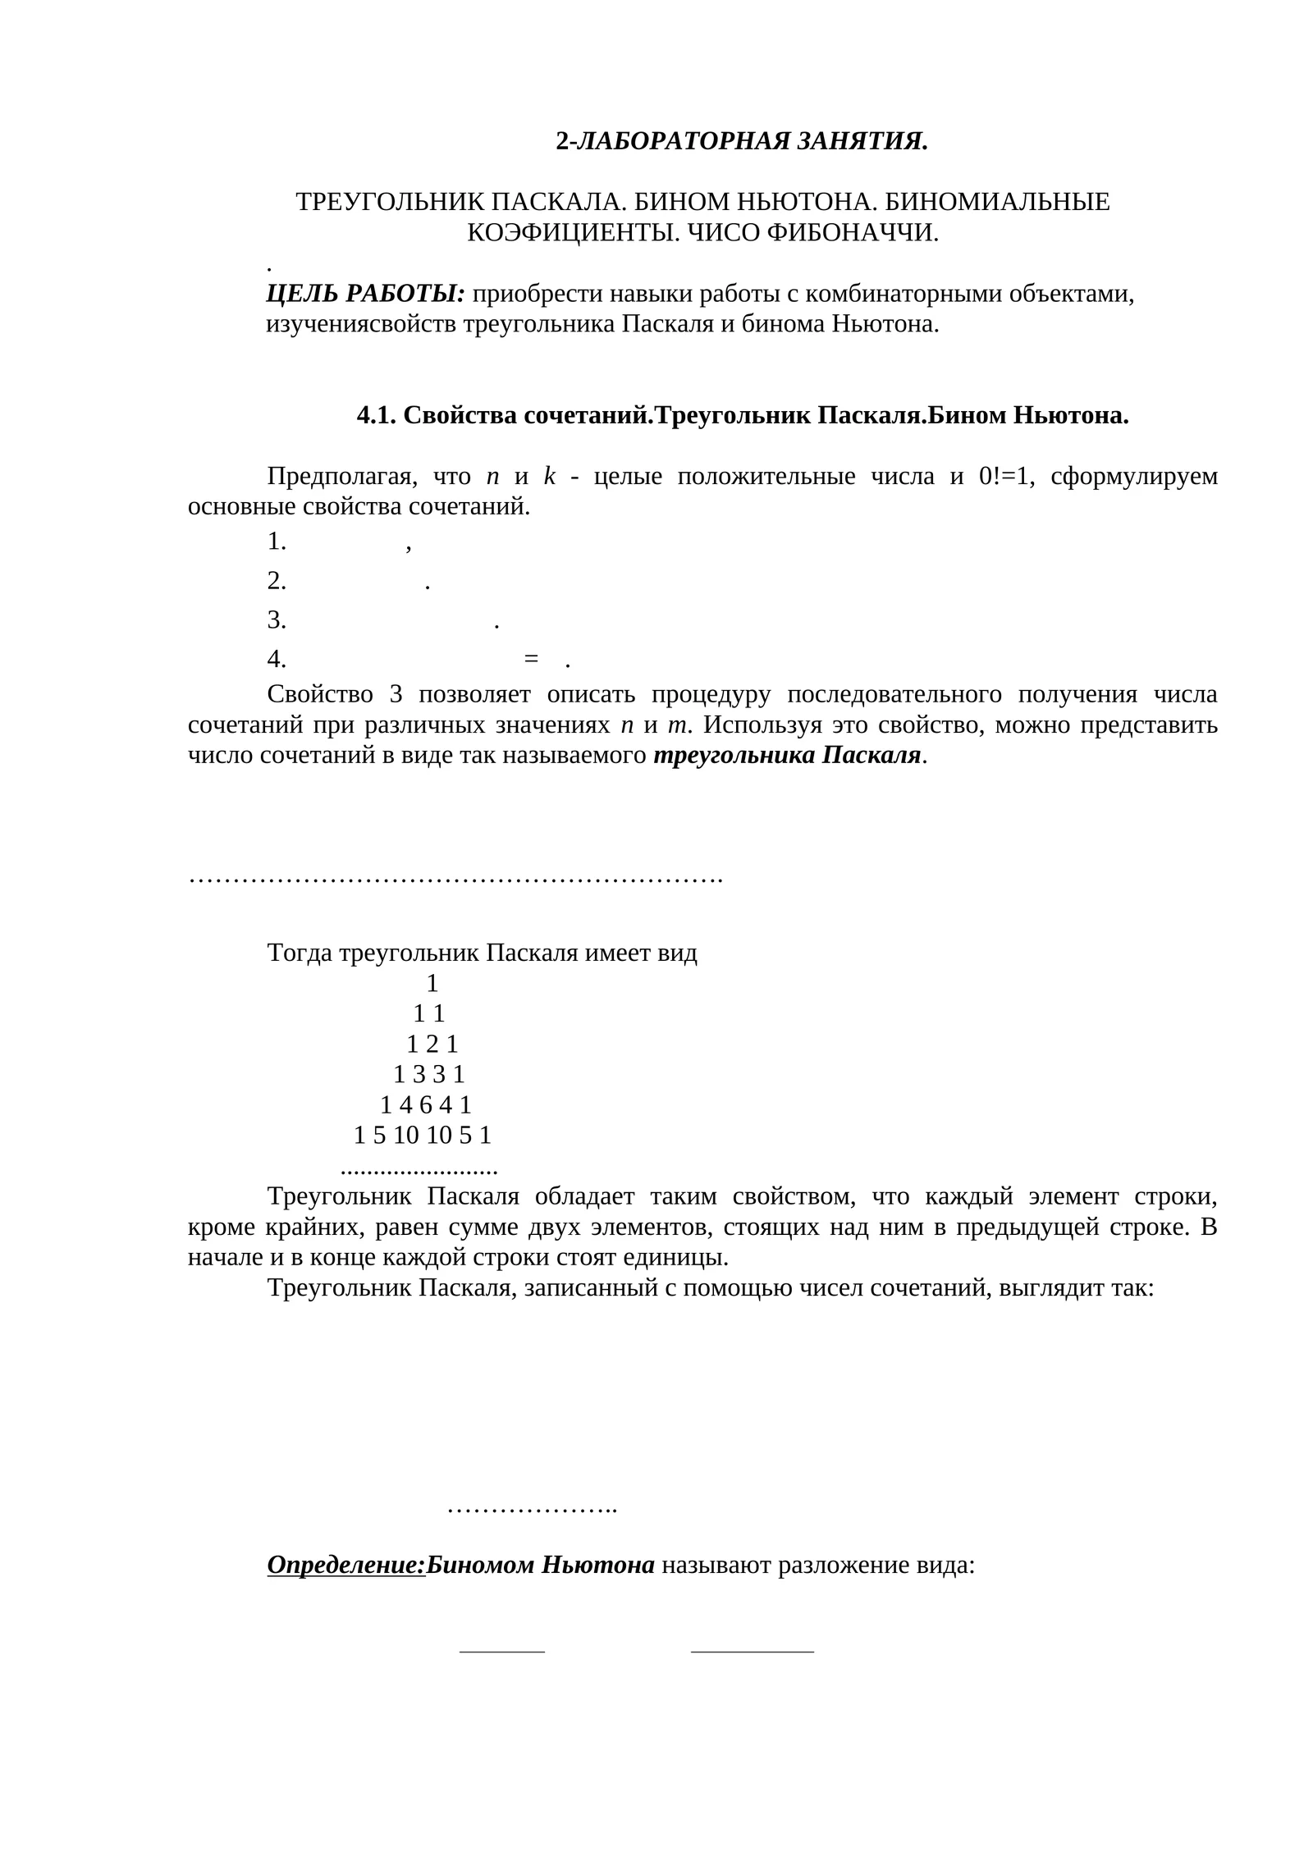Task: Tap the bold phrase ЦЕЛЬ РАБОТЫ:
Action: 365,293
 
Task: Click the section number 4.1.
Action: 376,415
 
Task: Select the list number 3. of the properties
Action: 277,620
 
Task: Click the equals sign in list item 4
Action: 530,660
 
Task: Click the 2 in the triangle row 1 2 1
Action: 432,1045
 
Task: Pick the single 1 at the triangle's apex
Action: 432,983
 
